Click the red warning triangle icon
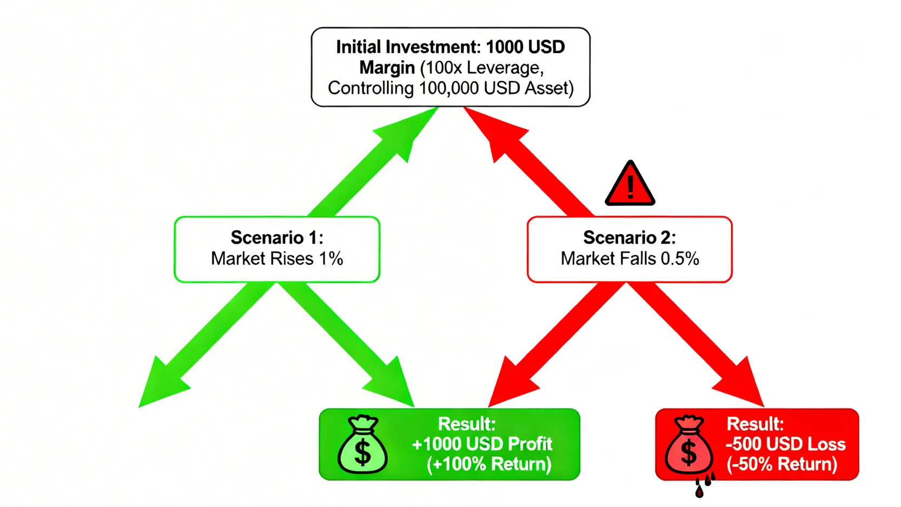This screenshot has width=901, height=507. point(630,185)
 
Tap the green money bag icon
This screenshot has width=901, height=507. point(362,445)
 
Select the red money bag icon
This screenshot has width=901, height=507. point(688,445)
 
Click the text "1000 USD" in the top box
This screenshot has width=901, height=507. point(525,47)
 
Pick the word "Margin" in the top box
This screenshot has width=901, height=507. point(387,68)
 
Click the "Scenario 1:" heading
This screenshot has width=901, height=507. point(277,238)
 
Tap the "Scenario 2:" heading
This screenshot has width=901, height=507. point(630,238)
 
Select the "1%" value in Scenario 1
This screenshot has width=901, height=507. point(331,259)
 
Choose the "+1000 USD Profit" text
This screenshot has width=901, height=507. point(482,444)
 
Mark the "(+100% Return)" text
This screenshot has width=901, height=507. point(489,464)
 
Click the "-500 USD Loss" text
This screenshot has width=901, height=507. point(785,444)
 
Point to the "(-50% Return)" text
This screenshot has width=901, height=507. point(782,464)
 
